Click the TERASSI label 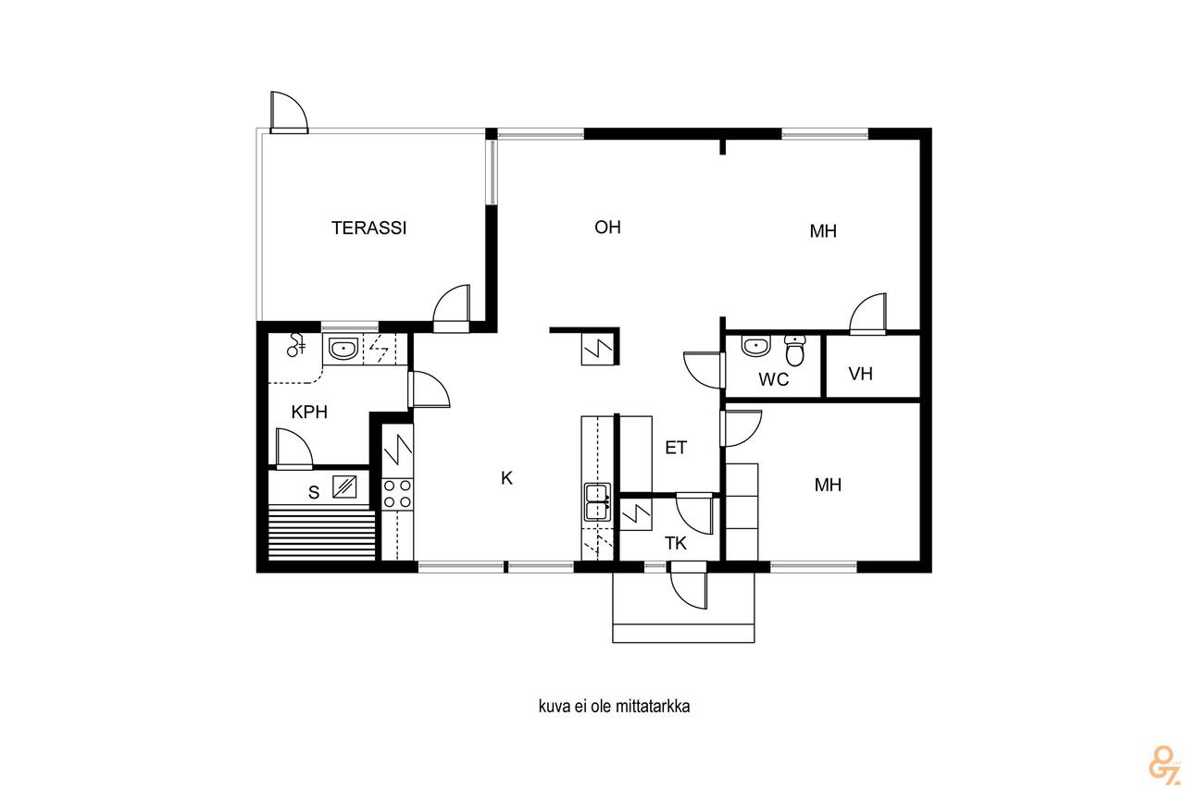coord(368,228)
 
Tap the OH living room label coord(607,228)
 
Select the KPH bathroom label coord(309,413)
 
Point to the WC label coord(773,379)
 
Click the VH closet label coord(860,375)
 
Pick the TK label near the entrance coord(676,543)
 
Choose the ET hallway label coord(676,448)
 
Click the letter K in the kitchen coord(506,478)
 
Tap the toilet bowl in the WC coord(794,350)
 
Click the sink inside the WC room coord(756,346)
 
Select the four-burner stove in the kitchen coord(397,494)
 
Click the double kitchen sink coord(597,502)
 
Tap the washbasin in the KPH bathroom coord(343,349)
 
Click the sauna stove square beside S coord(344,487)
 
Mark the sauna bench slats coord(321,532)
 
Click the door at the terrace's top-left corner coord(288,112)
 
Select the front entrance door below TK coord(688,586)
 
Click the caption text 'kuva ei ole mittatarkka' coord(614,707)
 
